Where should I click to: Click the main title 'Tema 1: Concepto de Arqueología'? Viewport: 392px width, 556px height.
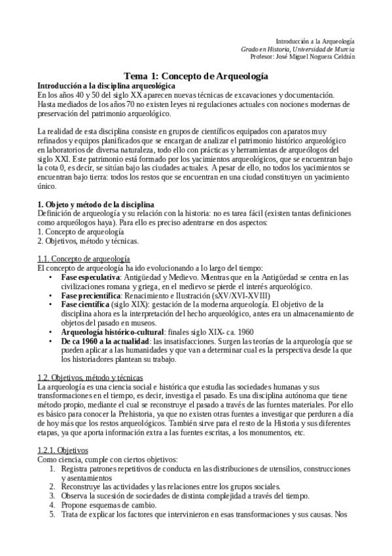pos(196,77)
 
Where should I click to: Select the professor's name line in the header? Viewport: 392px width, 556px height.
pos(307,56)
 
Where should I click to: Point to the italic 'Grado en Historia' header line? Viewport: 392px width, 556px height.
pos(298,49)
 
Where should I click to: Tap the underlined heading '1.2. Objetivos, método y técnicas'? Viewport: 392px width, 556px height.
pos(90,378)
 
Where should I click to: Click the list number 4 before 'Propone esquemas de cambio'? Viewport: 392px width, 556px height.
pos(52,505)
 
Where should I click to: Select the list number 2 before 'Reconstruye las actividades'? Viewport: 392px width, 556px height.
pos(52,486)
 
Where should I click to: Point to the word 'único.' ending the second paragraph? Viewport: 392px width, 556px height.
pos(49,187)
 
